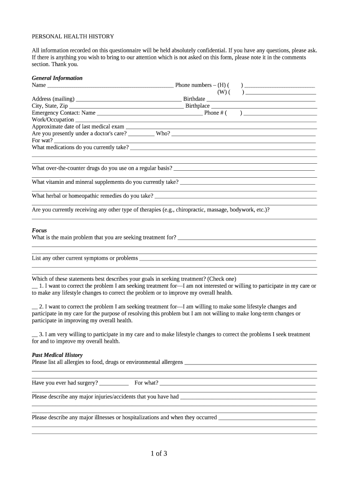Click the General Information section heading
(x=57, y=78)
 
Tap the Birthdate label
(x=194, y=99)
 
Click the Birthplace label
(x=198, y=106)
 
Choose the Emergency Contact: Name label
(x=64, y=113)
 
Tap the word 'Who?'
(x=163, y=134)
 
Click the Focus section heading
(x=39, y=231)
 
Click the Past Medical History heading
(x=57, y=355)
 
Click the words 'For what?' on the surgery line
(x=146, y=383)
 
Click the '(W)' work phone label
(x=222, y=92)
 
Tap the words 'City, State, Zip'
(x=50, y=106)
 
